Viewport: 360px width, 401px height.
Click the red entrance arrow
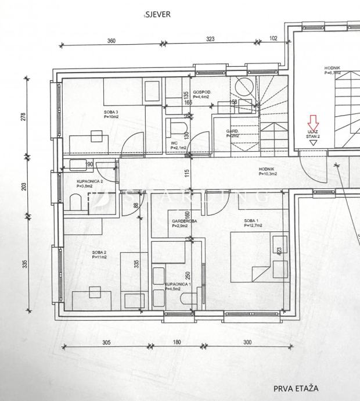(x=313, y=122)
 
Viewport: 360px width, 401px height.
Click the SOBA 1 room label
(x=251, y=221)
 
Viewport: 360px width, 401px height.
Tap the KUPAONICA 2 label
(x=89, y=181)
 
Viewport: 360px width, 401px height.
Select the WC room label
(x=174, y=142)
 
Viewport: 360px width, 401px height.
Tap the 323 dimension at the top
(x=210, y=40)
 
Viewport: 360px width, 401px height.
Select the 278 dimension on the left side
(x=23, y=116)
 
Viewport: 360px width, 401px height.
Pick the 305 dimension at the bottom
(x=106, y=342)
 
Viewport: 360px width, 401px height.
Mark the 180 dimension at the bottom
(x=177, y=342)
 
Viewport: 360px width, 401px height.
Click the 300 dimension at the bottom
(x=247, y=342)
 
